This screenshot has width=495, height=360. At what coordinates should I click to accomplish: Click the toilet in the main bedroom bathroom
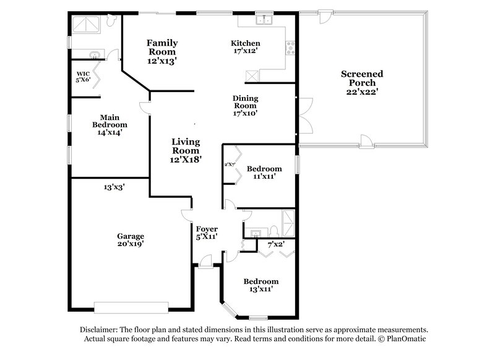click(x=111, y=22)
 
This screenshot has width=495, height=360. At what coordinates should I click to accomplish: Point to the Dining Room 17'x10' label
click(x=246, y=106)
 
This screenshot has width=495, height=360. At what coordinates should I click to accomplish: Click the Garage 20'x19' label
click(x=131, y=240)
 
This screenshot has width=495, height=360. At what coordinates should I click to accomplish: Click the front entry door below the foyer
click(x=205, y=266)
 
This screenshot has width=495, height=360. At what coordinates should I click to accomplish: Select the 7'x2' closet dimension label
click(x=275, y=244)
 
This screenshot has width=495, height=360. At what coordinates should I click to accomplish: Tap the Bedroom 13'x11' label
click(x=260, y=285)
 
